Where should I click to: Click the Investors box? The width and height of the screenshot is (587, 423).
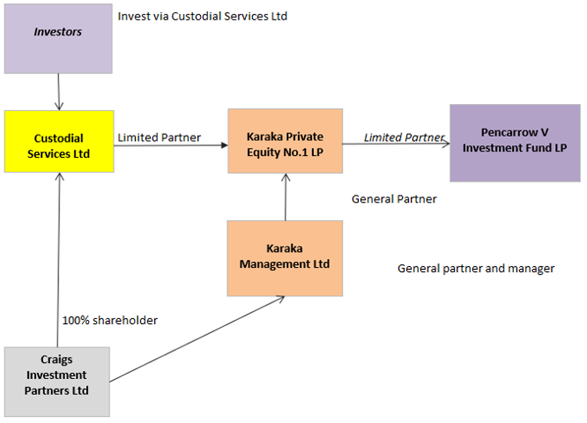click(58, 39)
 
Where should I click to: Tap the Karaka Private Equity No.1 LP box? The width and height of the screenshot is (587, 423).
click(285, 141)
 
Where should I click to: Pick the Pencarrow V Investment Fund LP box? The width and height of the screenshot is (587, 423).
click(514, 143)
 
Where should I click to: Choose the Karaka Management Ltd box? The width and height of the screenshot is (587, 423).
click(285, 258)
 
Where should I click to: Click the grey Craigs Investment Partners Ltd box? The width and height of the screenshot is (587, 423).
click(57, 381)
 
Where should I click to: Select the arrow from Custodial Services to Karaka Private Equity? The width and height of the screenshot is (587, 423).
click(170, 145)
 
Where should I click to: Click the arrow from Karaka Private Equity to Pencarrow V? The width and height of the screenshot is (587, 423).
click(396, 144)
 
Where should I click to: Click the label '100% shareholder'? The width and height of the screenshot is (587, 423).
click(110, 320)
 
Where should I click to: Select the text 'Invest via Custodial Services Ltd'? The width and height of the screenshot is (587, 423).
click(202, 16)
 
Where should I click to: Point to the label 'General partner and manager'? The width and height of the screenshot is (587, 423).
click(476, 269)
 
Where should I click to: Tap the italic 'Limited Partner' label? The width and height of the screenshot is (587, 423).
click(404, 137)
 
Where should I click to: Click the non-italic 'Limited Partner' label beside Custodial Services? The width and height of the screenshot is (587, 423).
click(159, 137)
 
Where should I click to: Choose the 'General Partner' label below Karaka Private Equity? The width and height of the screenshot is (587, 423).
click(394, 199)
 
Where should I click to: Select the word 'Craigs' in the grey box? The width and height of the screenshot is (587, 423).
click(57, 360)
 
